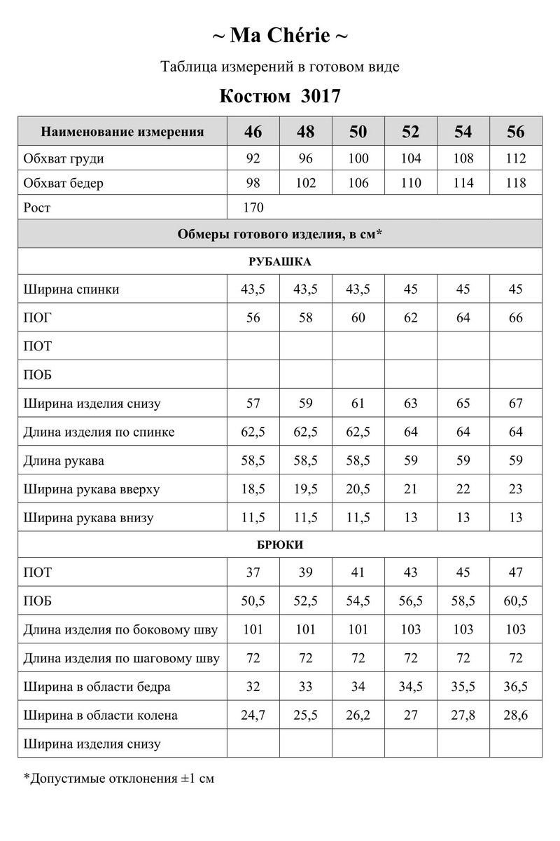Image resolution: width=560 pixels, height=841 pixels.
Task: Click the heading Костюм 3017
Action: click(x=280, y=96)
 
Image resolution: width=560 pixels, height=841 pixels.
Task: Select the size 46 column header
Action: click(x=253, y=132)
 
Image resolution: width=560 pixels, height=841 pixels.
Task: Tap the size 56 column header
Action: click(x=516, y=132)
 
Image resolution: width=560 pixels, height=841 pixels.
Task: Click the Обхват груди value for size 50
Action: click(x=358, y=158)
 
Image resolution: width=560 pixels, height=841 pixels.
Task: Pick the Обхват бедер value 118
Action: click(x=516, y=184)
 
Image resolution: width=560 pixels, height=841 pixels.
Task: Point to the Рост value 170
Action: click(x=253, y=208)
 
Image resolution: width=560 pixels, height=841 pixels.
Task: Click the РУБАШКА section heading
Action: click(x=280, y=261)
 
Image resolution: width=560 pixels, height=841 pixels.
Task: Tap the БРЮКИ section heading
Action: click(x=280, y=545)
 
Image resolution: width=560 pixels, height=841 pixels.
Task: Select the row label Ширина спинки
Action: click(x=71, y=289)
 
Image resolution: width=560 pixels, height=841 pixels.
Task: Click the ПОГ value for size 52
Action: click(x=411, y=318)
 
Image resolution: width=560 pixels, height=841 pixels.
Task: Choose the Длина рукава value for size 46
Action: click(x=253, y=460)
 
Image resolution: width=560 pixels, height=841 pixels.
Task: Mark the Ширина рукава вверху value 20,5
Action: click(x=358, y=489)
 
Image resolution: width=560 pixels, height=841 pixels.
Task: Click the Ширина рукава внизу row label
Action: click(x=88, y=518)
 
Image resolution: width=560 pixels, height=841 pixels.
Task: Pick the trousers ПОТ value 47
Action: click(x=516, y=573)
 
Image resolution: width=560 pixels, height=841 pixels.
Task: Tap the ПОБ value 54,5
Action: click(x=358, y=601)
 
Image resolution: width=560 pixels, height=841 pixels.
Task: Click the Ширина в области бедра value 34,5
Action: click(x=411, y=687)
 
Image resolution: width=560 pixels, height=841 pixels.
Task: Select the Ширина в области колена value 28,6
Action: click(x=516, y=716)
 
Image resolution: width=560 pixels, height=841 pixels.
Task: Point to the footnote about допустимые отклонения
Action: click(x=119, y=778)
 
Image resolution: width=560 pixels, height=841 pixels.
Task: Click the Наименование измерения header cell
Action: click(x=122, y=132)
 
